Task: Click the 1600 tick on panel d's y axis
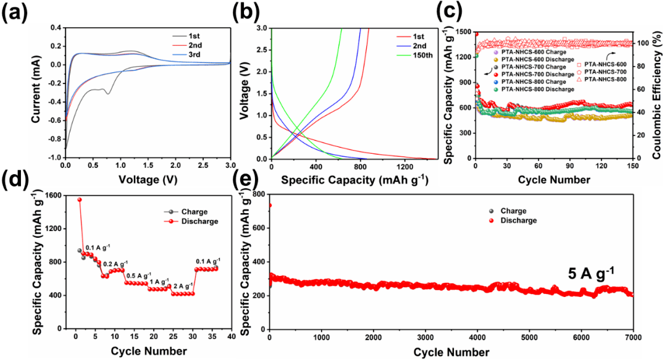pyautogui.click(x=52, y=195)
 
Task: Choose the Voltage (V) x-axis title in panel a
pyautogui.click(x=147, y=181)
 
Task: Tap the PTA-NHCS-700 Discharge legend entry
pyautogui.click(x=538, y=75)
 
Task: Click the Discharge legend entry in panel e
pyautogui.click(x=514, y=220)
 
